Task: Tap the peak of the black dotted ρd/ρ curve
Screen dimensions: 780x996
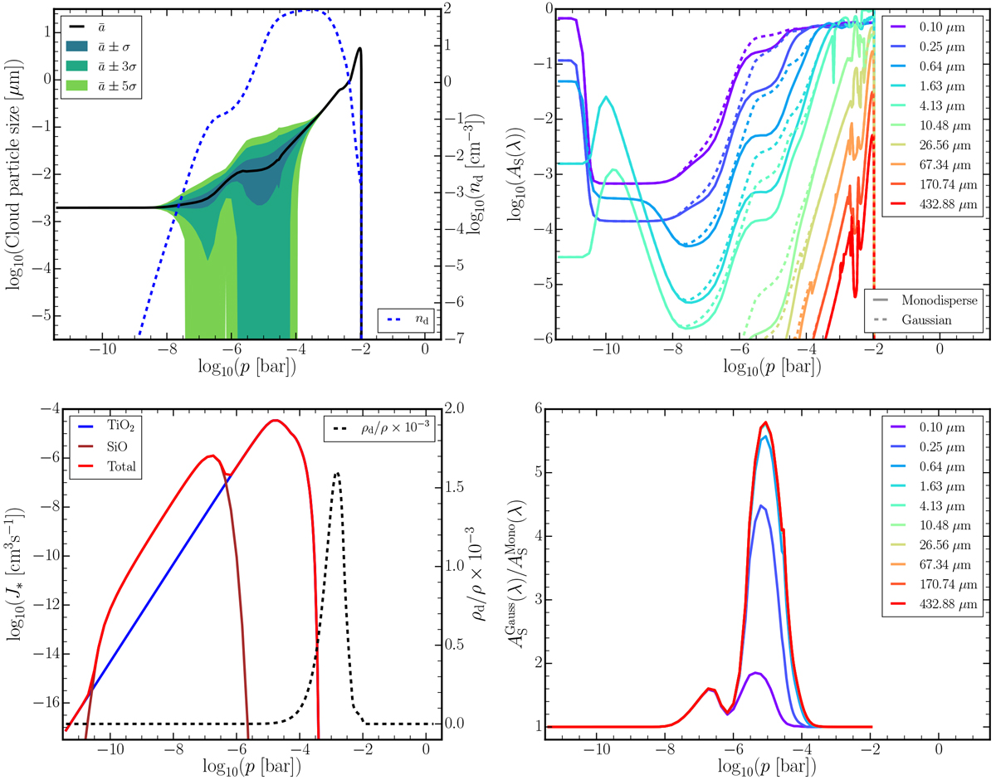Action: coord(337,473)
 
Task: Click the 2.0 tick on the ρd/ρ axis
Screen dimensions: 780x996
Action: coord(466,409)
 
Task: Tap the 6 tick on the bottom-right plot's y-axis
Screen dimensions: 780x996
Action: coord(537,409)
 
